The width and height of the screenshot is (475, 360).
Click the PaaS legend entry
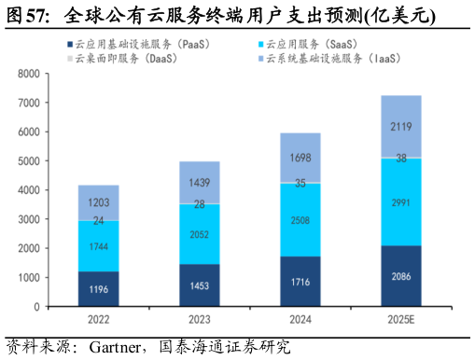[x=141, y=43]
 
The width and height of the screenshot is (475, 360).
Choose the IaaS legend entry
[x=327, y=58]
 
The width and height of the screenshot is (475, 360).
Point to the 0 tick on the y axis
[x=35, y=307]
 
